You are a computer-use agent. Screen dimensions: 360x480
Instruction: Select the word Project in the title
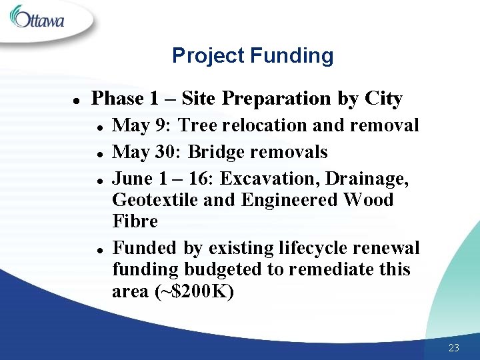point(208,55)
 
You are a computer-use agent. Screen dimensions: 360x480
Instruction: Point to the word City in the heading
point(383,99)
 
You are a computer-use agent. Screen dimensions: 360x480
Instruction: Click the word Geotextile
point(155,200)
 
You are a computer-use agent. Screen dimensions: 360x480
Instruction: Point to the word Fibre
point(135,221)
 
